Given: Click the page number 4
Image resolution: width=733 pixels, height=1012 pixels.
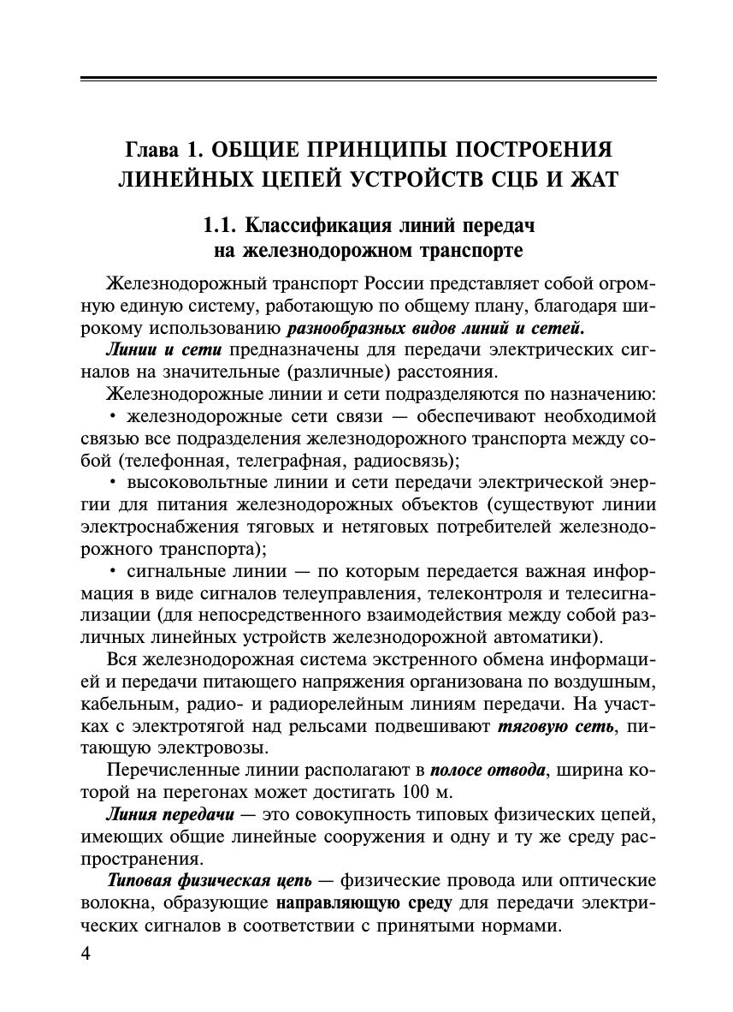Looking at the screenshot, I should [x=86, y=955].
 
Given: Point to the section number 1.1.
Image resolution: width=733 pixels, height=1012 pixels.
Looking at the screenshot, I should [x=220, y=226].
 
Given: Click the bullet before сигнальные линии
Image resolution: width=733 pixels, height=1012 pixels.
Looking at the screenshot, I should [x=113, y=572].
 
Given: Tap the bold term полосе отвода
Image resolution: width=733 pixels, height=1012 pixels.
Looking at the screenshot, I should [x=488, y=771].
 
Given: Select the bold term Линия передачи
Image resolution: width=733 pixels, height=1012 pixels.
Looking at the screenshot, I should [x=171, y=814].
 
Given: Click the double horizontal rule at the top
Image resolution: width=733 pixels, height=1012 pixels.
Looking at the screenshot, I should [x=368, y=80].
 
